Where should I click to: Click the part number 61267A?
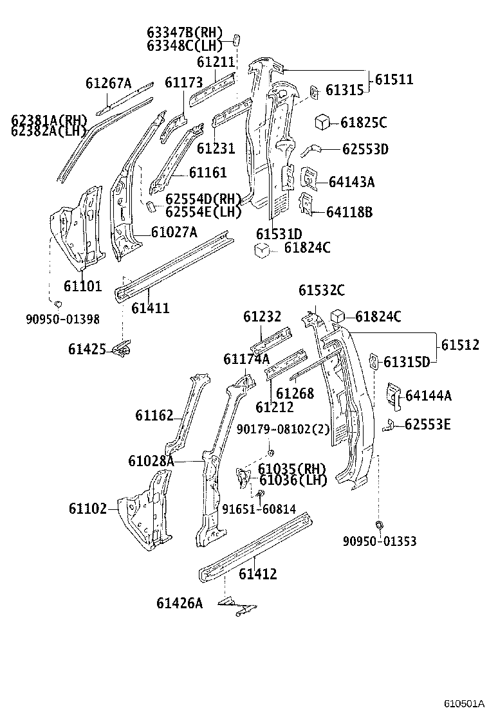[108, 83]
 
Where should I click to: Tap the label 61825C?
[364, 122]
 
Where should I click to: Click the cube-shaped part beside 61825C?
[322, 122]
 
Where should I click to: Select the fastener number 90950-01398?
[63, 318]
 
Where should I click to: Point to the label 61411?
[151, 308]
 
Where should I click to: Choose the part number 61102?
[88, 508]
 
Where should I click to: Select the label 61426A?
[180, 602]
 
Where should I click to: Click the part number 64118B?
[349, 212]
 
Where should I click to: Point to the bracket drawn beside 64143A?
[309, 177]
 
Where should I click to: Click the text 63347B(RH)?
[184, 32]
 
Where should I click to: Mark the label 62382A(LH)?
[49, 131]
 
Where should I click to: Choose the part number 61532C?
[321, 291]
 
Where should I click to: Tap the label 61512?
[460, 345]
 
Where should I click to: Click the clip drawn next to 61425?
[122, 349]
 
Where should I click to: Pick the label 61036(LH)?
[293, 480]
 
